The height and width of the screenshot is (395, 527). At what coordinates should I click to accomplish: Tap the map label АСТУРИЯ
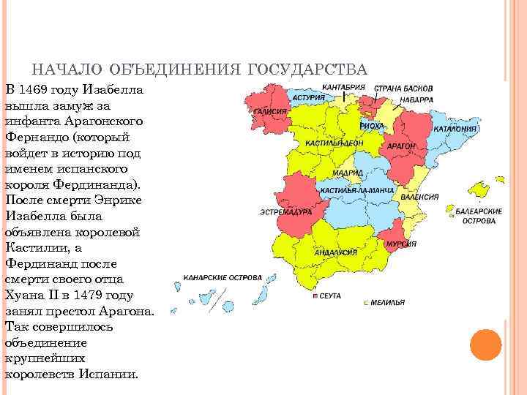(308, 97)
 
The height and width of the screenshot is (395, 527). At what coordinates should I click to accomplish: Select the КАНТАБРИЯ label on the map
(343, 87)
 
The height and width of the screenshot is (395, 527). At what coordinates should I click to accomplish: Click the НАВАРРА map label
(416, 99)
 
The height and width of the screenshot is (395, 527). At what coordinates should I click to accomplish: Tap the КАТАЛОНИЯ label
(455, 129)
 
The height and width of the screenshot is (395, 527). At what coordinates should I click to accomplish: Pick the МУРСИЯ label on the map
(396, 243)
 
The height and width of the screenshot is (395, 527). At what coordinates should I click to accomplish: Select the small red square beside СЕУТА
(315, 298)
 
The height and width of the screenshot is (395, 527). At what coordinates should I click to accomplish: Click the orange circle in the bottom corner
(485, 344)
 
